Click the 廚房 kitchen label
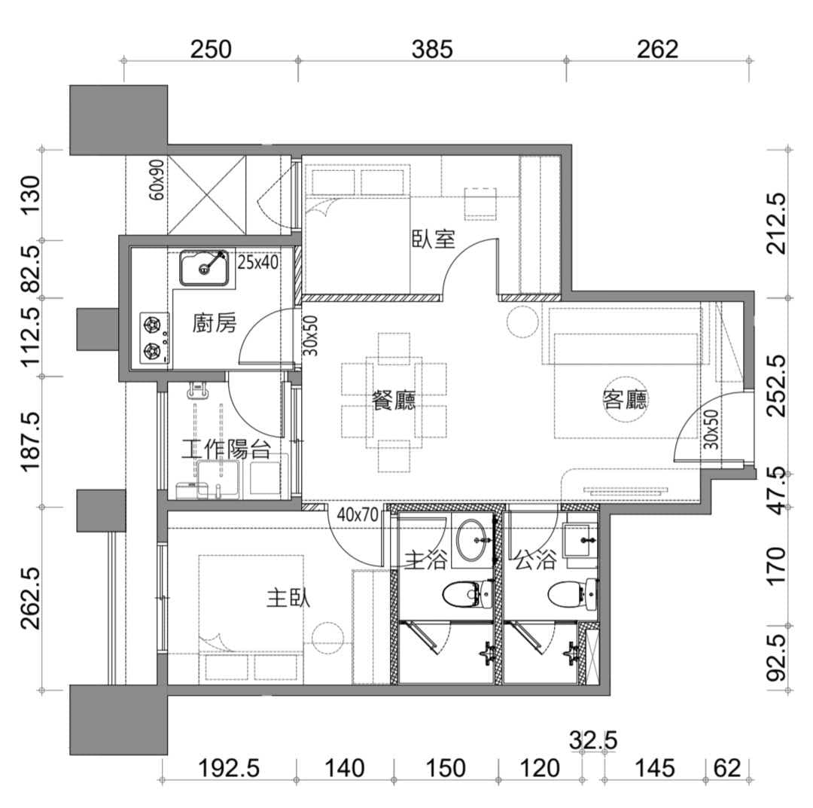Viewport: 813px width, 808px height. (x=214, y=324)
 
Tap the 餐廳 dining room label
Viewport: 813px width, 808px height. (x=394, y=401)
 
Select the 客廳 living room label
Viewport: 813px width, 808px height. (x=626, y=399)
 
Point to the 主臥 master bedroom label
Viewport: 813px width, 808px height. (x=288, y=597)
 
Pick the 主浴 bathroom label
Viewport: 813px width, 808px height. (x=425, y=560)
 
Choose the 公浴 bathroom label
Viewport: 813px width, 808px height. (x=536, y=560)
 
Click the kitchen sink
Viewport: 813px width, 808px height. (x=204, y=267)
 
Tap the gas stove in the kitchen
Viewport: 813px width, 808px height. (x=154, y=338)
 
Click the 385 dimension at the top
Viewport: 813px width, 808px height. (x=432, y=50)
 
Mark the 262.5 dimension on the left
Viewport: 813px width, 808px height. (x=30, y=597)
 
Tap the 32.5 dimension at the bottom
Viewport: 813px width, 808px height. (x=593, y=740)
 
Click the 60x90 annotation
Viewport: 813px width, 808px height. (x=156, y=180)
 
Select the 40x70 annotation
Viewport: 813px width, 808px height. (x=358, y=515)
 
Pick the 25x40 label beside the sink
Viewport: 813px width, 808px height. (x=257, y=262)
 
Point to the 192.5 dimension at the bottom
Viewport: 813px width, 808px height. (x=229, y=768)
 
